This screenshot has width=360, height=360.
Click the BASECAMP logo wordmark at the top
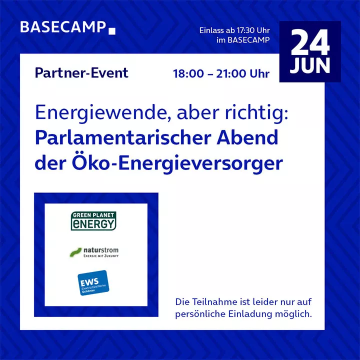63,27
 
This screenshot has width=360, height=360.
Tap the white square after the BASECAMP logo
112,31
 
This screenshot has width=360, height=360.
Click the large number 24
310,42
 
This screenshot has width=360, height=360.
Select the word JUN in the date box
310,65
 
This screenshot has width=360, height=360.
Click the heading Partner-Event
81,73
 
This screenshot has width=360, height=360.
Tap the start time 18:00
188,73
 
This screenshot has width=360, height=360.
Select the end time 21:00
231,73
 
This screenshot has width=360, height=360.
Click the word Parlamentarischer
123,138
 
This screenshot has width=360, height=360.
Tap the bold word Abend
247,138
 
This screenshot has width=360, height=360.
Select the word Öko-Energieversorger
177,163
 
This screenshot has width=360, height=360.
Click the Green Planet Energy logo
93,221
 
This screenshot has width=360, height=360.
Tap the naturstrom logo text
101,250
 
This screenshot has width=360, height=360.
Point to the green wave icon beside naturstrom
75,252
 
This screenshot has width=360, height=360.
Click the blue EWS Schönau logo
93,283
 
